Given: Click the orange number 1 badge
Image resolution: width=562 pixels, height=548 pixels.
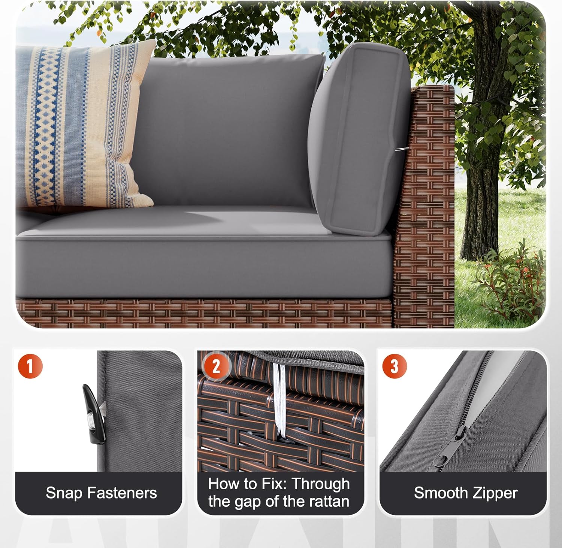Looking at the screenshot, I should point(30,366).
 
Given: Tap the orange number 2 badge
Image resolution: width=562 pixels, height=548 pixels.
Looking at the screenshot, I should point(216,366).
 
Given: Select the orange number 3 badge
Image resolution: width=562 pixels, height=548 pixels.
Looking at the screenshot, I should point(394,366).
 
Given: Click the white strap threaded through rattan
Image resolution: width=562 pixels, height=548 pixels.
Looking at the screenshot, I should point(280,401).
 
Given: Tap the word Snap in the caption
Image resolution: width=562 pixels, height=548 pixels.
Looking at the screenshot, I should point(63,493).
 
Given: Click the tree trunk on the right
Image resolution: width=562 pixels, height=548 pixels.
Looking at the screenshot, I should point(481,168).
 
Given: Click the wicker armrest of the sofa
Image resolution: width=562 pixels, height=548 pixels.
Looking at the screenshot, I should point(425,206).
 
